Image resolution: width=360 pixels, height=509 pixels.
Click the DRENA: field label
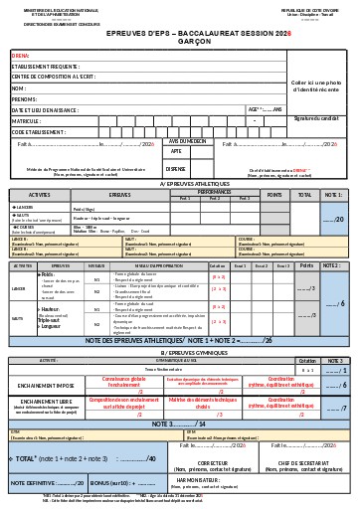tap(21, 57)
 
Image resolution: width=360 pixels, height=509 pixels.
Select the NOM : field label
tap(19, 87)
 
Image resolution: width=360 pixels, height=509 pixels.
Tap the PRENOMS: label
tap(24, 98)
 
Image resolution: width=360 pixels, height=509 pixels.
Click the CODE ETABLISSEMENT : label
tap(40, 131)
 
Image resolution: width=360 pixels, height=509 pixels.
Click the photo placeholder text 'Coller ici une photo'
tap(317, 81)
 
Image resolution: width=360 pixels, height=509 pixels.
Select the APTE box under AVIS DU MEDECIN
tap(176, 151)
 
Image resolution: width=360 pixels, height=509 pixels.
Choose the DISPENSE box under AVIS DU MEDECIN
tap(177, 168)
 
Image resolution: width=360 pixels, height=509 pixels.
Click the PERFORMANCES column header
tap(213, 191)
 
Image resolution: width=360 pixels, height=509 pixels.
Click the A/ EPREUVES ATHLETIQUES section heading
tap(180, 184)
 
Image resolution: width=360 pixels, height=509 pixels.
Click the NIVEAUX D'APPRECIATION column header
tap(157, 266)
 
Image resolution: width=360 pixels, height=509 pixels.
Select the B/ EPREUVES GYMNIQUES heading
tap(180, 352)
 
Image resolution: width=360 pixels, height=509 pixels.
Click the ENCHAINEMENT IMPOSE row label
tap(44, 382)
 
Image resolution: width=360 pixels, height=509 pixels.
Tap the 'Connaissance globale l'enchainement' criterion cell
tap(117, 382)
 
